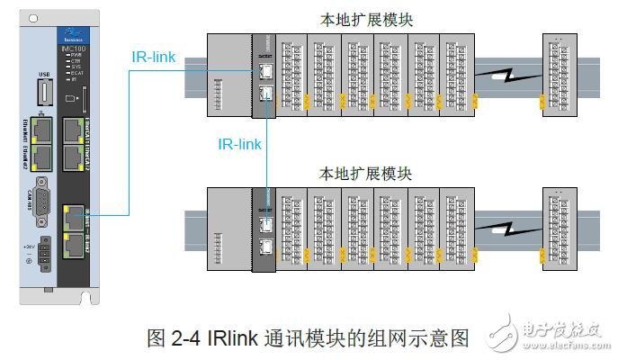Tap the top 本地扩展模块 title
(368, 19)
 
